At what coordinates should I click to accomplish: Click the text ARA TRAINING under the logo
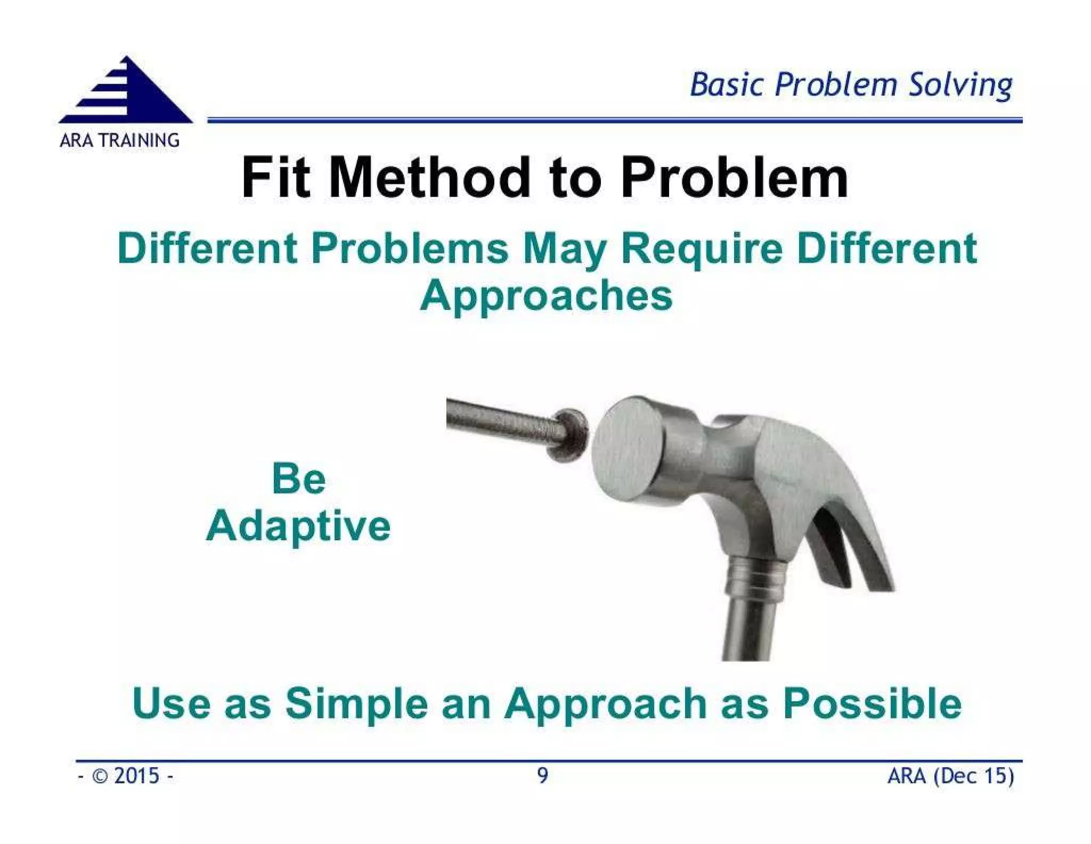[119, 141]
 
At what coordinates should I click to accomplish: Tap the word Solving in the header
[959, 85]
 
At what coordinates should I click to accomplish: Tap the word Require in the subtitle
[702, 249]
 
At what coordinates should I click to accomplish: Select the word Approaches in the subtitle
[546, 296]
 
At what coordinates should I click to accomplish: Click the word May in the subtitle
[564, 249]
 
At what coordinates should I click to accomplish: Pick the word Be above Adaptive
[298, 478]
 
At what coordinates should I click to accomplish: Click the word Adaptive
[298, 526]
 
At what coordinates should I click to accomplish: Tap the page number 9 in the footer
[542, 776]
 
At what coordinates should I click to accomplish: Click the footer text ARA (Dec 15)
[950, 776]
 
